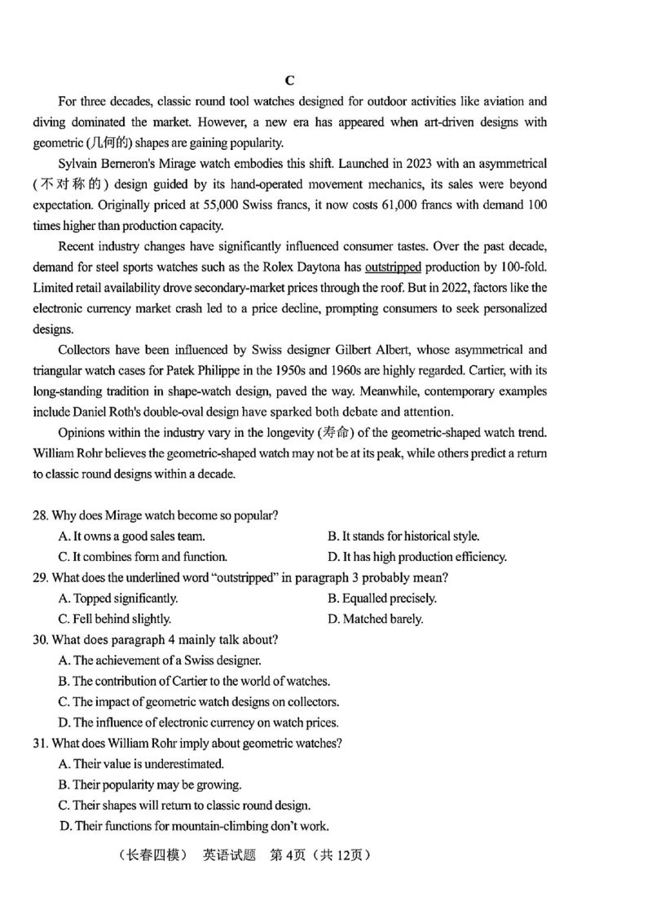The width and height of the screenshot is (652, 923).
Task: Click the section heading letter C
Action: (289, 80)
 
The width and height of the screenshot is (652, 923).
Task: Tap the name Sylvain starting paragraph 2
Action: (79, 164)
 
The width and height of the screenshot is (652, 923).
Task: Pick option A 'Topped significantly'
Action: (118, 598)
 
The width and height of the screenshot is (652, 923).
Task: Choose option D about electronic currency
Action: (198, 722)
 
